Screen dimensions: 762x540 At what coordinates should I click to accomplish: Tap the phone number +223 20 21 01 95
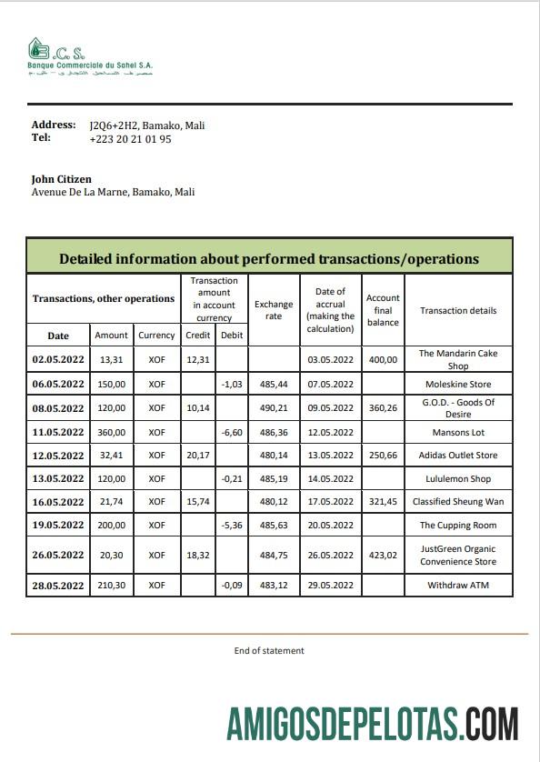tap(130, 139)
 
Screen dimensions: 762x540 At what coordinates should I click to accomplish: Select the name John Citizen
tap(61, 179)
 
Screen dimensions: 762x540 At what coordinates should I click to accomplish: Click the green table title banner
tap(269, 258)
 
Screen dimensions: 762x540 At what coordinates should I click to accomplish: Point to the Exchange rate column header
tap(274, 310)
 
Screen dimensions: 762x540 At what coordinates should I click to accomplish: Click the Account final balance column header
tap(383, 310)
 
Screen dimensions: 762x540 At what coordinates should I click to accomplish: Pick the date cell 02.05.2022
tap(58, 359)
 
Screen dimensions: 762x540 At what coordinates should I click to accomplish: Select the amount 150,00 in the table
tap(112, 385)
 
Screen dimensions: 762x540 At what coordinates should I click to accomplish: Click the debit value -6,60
tap(231, 432)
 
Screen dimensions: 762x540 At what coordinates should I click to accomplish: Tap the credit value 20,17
tap(197, 456)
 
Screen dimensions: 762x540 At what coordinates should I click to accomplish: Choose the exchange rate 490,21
tap(274, 408)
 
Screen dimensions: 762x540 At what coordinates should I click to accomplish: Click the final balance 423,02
tap(383, 555)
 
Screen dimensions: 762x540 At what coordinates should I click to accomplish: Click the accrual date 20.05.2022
tap(330, 526)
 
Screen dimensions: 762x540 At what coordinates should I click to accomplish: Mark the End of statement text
tap(269, 650)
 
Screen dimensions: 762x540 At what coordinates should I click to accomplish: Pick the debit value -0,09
tap(231, 585)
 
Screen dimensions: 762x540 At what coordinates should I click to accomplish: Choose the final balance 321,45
tap(383, 502)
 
